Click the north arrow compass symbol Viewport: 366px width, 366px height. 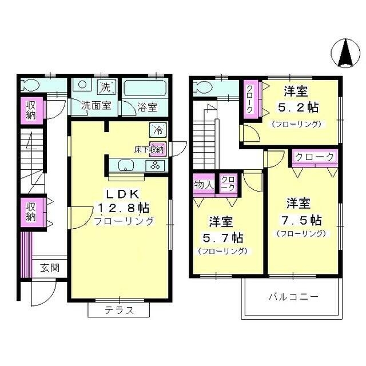345,53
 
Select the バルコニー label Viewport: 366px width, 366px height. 293,297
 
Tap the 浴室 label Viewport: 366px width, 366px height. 148,106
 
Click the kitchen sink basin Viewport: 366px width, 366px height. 126,166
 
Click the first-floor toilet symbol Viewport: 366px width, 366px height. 31,86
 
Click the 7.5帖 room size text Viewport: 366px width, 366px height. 301,220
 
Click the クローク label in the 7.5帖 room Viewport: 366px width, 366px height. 315,157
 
